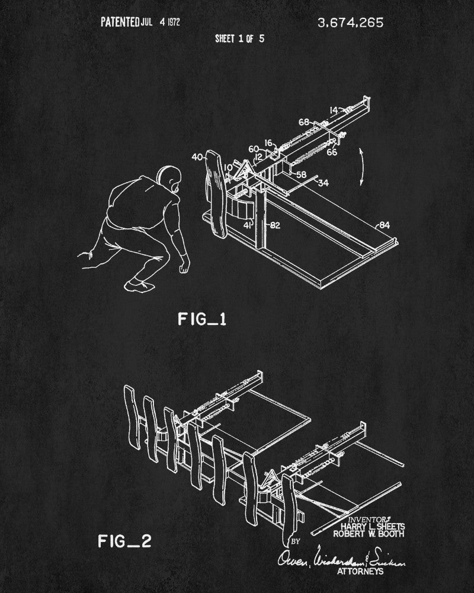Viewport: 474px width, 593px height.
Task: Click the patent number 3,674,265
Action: (x=350, y=23)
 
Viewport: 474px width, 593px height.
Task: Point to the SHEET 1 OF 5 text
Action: (x=239, y=39)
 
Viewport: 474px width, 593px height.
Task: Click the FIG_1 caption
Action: (x=202, y=320)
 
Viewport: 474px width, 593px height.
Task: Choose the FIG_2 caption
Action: (x=124, y=524)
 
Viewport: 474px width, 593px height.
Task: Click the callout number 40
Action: (x=197, y=157)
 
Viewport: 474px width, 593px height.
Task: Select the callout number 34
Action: (x=324, y=183)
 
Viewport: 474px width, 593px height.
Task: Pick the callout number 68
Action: (x=303, y=122)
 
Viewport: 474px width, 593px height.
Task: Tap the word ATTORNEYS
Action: (x=360, y=571)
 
